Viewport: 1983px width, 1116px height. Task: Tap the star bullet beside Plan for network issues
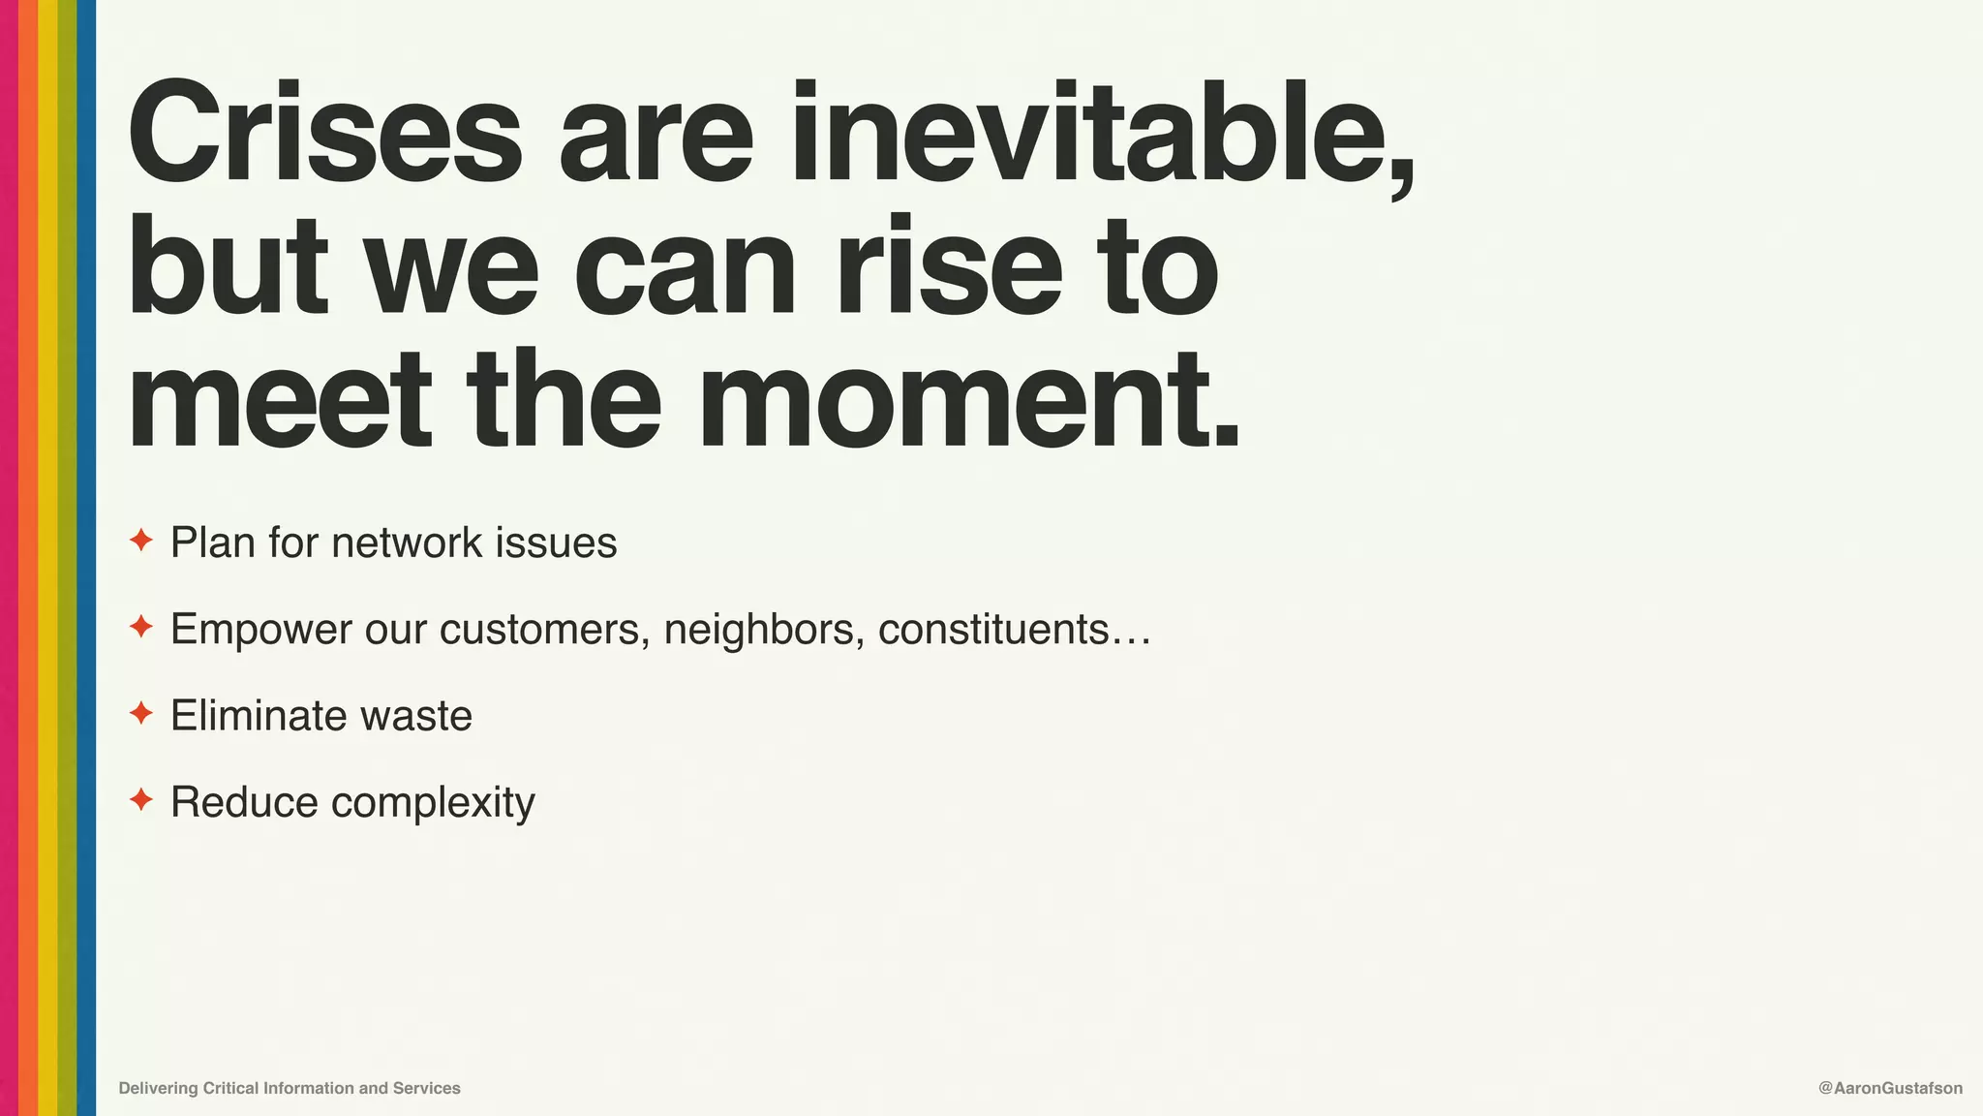coord(141,541)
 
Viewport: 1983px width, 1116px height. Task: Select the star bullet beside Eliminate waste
coord(141,714)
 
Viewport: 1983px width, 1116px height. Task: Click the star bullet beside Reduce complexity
coord(141,800)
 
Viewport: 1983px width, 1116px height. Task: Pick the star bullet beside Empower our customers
coord(141,627)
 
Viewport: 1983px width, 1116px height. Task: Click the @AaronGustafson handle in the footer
coord(1890,1088)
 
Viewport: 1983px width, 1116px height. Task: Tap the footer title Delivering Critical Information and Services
coord(290,1088)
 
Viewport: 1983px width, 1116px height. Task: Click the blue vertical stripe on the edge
coord(86,558)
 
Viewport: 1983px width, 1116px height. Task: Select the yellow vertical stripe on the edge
coord(47,558)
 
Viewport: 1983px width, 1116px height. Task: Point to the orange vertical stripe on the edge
coord(28,558)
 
